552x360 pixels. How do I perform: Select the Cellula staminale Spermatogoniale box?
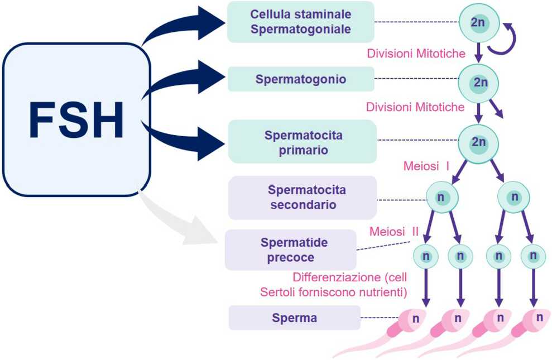[300, 22]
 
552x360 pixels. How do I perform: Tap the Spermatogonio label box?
[301, 79]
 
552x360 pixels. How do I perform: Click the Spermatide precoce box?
[290, 249]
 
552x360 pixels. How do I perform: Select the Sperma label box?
[294, 318]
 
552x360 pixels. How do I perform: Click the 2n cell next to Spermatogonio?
[478, 82]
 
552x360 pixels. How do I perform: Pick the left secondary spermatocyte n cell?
[442, 197]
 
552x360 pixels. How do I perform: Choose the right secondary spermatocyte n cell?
[514, 197]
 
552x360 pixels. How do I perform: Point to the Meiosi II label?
[393, 231]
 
